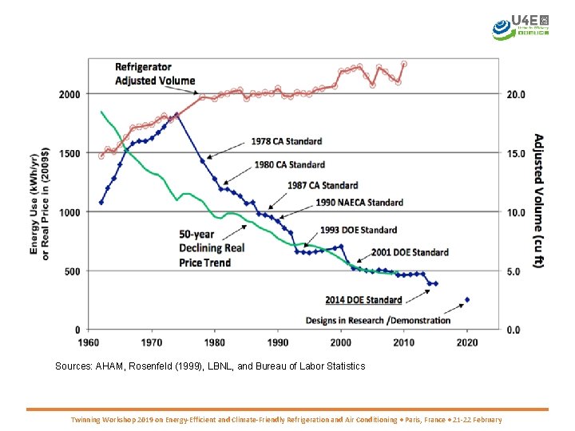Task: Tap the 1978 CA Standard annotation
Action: point(287,141)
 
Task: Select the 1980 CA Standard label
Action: point(290,164)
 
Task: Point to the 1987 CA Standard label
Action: point(323,185)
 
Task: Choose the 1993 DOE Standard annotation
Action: point(359,230)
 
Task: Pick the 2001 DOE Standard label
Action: point(410,252)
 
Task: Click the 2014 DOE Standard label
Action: point(363,300)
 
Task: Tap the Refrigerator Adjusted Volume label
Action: point(155,73)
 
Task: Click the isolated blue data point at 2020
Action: point(467,299)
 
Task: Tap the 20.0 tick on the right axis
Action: point(517,94)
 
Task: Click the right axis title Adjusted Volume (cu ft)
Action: point(539,200)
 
